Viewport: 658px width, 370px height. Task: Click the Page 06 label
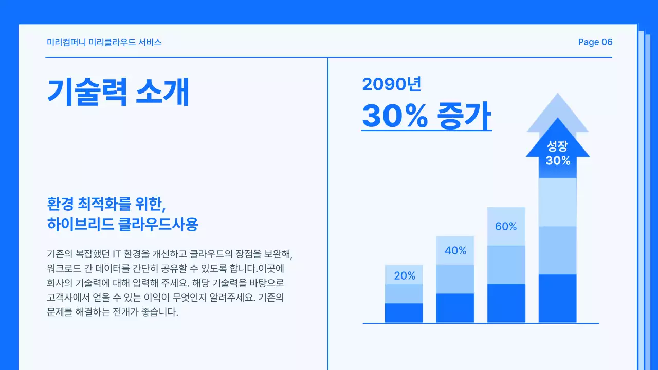(x=595, y=42)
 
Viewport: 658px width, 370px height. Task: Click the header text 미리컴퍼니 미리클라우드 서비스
(x=104, y=42)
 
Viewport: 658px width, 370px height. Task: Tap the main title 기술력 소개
(x=119, y=92)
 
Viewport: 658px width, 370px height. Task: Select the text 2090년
(x=392, y=84)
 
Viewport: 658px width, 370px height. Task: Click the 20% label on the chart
(x=405, y=276)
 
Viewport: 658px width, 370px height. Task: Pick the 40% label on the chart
(x=455, y=251)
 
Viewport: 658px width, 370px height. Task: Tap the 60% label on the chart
(x=506, y=226)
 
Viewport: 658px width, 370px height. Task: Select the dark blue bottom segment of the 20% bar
(x=404, y=312)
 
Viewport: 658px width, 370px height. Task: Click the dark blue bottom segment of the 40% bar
(x=455, y=308)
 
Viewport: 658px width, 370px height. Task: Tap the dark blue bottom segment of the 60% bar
(x=506, y=303)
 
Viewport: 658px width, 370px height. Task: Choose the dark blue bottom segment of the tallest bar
(x=558, y=298)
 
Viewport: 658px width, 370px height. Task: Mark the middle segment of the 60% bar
(x=506, y=265)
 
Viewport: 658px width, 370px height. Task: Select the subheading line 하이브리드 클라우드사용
(x=122, y=225)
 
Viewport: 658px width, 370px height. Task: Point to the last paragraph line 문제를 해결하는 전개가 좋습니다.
(x=112, y=311)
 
